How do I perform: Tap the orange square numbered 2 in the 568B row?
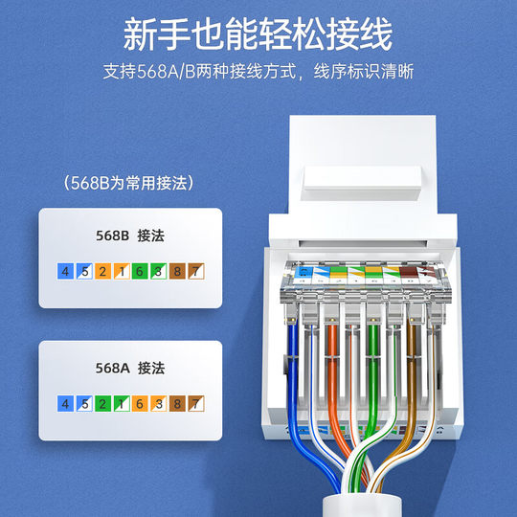(102, 271)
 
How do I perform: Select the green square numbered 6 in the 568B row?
(140, 271)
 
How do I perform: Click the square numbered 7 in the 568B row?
(196, 271)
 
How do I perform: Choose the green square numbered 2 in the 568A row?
(102, 404)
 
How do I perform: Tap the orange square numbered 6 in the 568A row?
(140, 404)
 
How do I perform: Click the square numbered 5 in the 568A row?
(83, 404)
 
